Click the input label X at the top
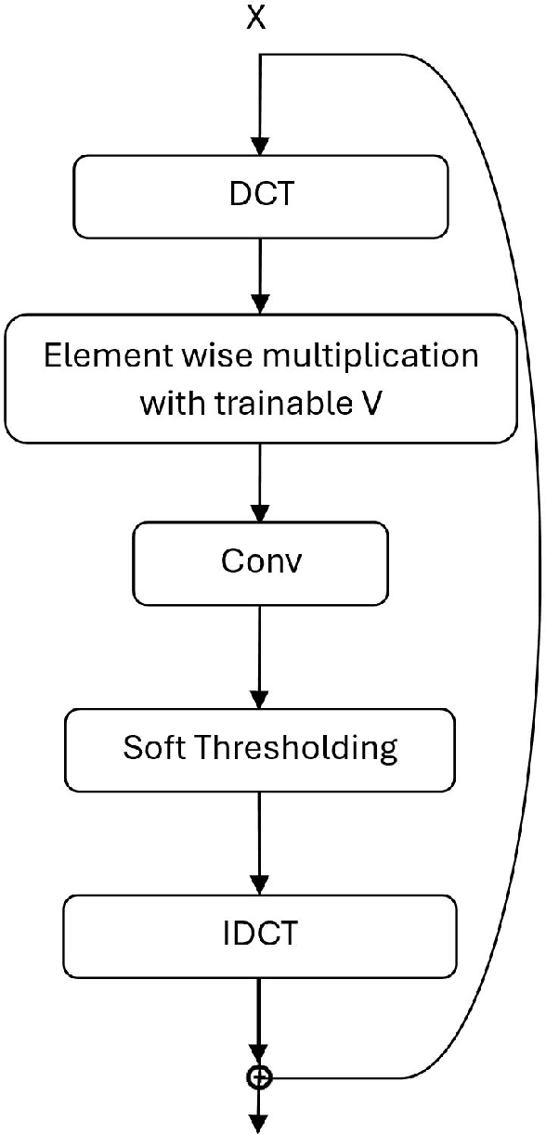255,19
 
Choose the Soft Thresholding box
260,748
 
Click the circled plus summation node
261,1076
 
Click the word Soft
153,748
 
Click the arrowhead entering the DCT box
261,145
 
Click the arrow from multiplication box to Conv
261,483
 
